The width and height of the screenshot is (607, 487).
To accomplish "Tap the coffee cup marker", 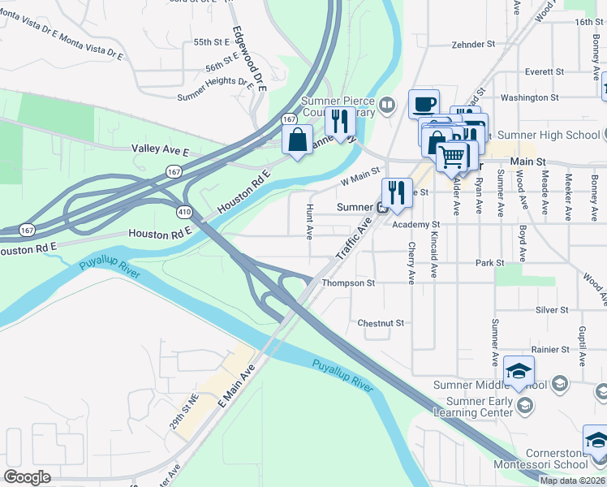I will click(424, 104).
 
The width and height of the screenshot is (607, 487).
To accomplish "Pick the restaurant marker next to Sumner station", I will click(396, 193).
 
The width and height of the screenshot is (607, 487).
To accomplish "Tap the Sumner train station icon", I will click(381, 207).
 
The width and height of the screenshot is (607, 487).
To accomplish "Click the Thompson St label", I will click(348, 283).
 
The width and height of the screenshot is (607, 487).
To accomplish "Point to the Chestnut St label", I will click(381, 323).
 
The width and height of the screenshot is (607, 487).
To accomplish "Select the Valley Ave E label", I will click(160, 150).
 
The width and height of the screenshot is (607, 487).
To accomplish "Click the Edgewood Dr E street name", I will click(249, 56).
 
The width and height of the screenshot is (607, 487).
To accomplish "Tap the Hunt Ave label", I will click(309, 222).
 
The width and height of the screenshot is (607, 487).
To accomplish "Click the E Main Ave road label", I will click(237, 386).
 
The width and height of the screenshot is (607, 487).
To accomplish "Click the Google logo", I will click(27, 476).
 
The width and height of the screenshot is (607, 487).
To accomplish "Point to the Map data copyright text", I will click(571, 481).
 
